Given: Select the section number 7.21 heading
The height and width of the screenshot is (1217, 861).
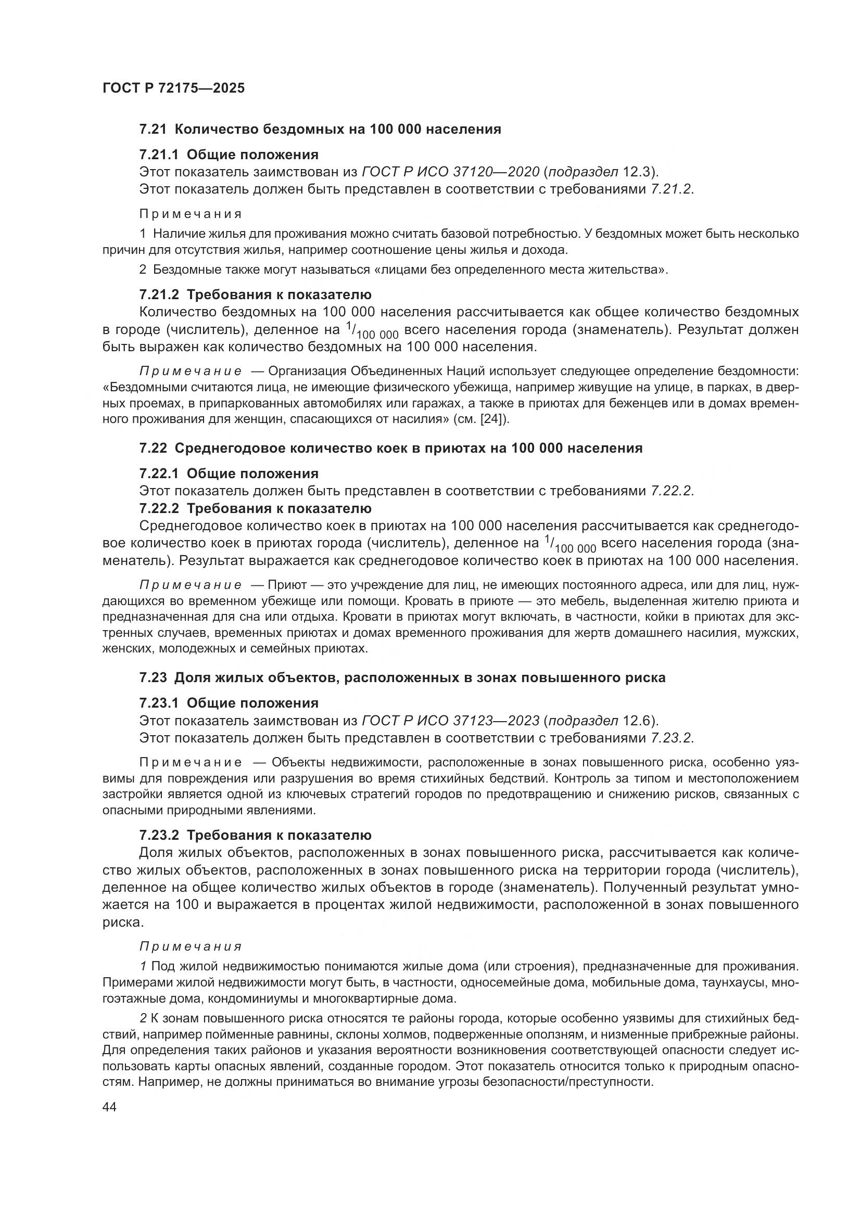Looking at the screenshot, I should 153,130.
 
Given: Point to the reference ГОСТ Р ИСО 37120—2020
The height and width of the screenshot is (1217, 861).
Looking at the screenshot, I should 450,172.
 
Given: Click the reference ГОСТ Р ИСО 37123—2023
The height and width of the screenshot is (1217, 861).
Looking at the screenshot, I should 450,720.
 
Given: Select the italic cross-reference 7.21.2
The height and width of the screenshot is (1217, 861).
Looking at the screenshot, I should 670,189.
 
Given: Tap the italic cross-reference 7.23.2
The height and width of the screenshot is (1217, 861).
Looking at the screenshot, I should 670,738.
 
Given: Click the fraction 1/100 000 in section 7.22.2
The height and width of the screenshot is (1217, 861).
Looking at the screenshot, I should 570,545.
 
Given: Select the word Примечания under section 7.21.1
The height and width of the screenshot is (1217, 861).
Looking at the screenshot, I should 191,214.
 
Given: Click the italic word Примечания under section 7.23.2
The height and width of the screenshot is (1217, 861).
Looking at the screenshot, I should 191,946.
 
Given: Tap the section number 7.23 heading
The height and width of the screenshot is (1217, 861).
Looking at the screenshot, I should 153,677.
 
